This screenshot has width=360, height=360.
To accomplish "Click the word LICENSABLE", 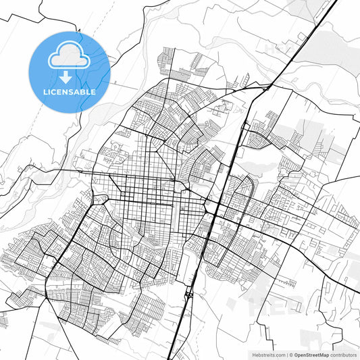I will pyautogui.click(x=69, y=91).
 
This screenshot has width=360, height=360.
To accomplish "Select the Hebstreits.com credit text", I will pyautogui.click(x=268, y=355).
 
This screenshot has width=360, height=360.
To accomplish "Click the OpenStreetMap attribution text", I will pyautogui.click(x=311, y=355).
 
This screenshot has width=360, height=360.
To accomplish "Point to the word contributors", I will pyautogui.click(x=344, y=355).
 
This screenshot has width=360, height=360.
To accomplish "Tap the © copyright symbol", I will pyautogui.click(x=292, y=355).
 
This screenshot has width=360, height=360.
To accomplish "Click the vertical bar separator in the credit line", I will pyautogui.click(x=287, y=355).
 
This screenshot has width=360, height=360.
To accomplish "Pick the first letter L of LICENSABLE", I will pyautogui.click(x=44, y=91).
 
